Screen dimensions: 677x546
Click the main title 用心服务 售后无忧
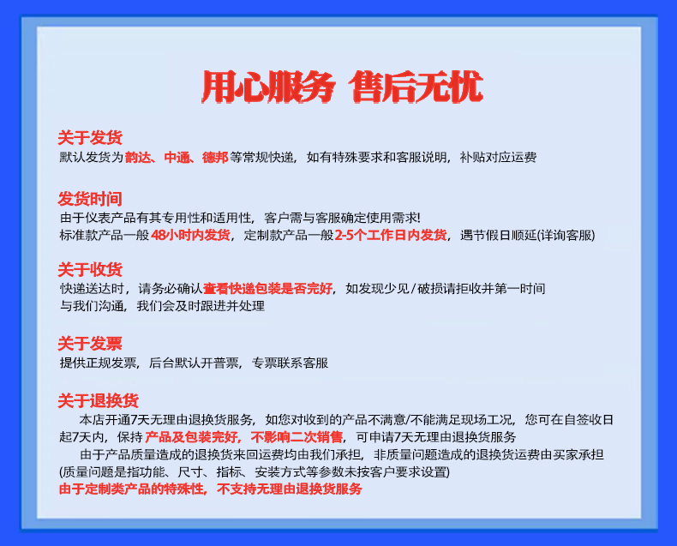click(x=342, y=87)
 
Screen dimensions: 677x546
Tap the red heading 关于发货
click(x=90, y=137)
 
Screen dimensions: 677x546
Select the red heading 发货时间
click(x=90, y=199)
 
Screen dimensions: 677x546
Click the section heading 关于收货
click(x=90, y=269)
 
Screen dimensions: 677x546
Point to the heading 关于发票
click(x=90, y=344)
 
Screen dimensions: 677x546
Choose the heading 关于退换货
click(x=98, y=400)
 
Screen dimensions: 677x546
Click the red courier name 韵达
click(x=138, y=157)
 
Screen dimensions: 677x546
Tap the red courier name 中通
click(x=177, y=157)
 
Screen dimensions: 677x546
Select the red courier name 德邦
click(x=215, y=157)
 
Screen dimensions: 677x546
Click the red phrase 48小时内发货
click(x=190, y=235)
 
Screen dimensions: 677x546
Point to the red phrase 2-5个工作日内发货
click(x=391, y=235)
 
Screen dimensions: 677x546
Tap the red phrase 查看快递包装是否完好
click(x=267, y=288)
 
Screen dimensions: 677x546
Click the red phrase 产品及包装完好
click(x=192, y=437)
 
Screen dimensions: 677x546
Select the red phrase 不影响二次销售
click(x=297, y=437)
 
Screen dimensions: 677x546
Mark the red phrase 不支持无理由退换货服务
click(x=290, y=489)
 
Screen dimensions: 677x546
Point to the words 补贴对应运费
click(x=498, y=157)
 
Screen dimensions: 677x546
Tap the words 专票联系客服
click(x=291, y=363)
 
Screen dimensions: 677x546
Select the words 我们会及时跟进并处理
click(x=201, y=306)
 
